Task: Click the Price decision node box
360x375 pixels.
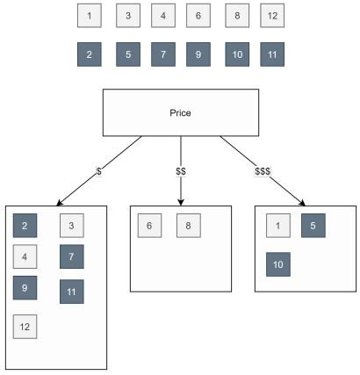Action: click(x=180, y=113)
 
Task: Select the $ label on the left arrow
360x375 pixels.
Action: click(x=98, y=171)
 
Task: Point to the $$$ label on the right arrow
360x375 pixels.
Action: click(x=263, y=171)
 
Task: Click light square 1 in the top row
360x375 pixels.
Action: click(x=89, y=16)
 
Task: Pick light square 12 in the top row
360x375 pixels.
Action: click(x=272, y=16)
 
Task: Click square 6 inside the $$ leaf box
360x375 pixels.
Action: click(x=150, y=226)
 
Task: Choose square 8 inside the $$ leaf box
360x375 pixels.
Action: click(x=189, y=226)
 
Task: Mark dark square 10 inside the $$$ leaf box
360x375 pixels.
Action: click(x=278, y=264)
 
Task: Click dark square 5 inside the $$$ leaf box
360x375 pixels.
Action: click(x=314, y=226)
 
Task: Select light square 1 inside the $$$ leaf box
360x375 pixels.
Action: click(x=278, y=226)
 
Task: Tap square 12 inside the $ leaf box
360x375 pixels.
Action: click(x=25, y=327)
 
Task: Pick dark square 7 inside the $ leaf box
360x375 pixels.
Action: click(x=71, y=258)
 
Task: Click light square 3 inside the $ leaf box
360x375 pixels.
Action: click(x=71, y=226)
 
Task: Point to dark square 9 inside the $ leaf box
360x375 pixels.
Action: click(x=25, y=288)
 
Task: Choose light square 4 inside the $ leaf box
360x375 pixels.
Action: click(x=25, y=258)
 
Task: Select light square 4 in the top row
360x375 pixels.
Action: click(x=162, y=16)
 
